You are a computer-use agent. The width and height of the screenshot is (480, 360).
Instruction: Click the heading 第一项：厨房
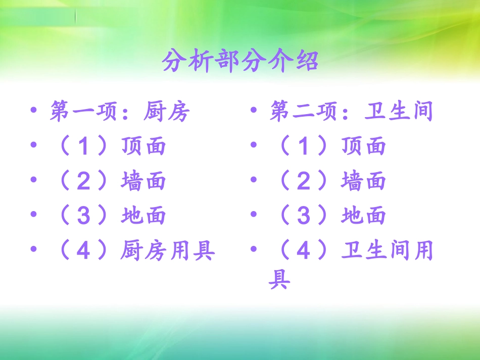pos(119,112)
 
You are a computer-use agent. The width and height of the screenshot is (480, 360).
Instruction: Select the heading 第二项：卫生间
pos(351,112)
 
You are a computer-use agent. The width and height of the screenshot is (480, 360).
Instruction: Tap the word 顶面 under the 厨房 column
pos(143,146)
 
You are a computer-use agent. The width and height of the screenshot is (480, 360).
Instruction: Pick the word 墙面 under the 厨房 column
pos(143,181)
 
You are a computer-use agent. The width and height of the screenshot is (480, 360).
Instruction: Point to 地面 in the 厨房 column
pos(143,216)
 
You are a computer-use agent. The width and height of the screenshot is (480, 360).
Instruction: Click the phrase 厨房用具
pos(168,250)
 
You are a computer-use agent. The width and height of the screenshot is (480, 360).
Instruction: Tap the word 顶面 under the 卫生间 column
pos(363,146)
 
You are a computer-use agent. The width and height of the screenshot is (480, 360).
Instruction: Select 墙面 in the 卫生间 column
pos(363,181)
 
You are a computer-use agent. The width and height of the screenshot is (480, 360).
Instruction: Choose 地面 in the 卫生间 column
pos(363,216)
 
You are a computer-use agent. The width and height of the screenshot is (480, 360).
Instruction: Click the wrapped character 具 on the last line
pos(279,279)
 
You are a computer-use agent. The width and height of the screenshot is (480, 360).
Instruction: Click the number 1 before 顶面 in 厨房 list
pos(84,147)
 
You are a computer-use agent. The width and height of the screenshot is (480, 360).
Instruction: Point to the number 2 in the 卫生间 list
pos(304,181)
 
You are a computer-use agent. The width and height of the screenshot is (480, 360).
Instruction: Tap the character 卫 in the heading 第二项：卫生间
pos(375,112)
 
